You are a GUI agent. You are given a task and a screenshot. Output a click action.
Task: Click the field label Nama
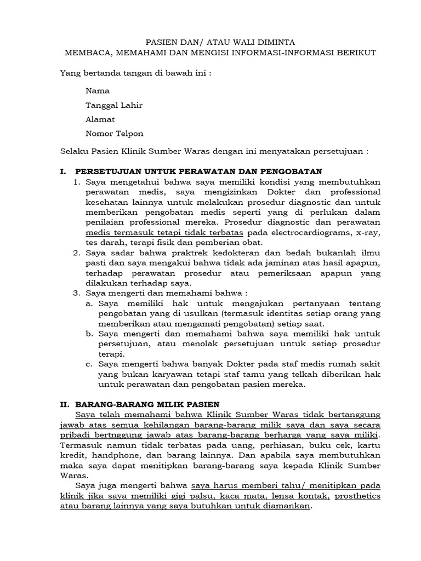tap(98, 91)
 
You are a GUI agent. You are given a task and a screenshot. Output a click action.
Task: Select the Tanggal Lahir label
tap(114, 105)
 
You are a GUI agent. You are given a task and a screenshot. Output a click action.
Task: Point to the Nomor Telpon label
tap(115, 134)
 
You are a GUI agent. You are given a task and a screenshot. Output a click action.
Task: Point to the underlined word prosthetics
tap(357, 496)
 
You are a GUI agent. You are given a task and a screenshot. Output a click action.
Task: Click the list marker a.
tap(90, 304)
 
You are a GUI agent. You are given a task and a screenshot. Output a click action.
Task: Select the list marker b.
tap(90, 334)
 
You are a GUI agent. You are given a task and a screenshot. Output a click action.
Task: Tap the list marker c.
tap(90, 364)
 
